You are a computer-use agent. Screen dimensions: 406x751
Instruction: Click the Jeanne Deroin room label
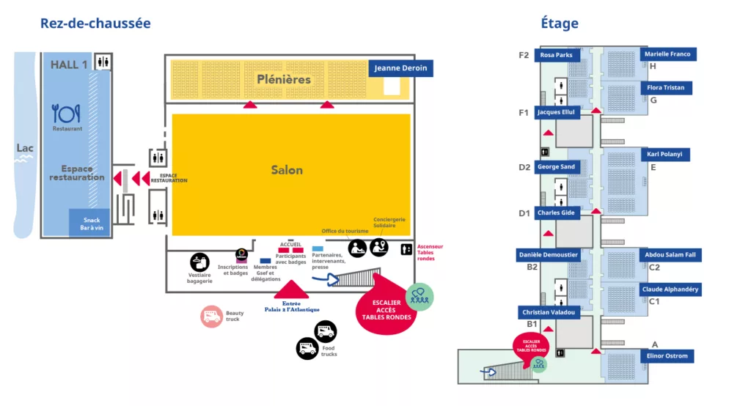pos(400,68)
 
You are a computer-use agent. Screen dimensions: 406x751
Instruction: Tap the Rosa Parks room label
pos(557,55)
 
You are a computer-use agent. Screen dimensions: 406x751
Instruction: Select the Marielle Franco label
pos(666,54)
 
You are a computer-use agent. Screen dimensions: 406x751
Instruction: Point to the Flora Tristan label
pos(665,88)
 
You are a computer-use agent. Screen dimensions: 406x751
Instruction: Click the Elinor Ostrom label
pos(667,356)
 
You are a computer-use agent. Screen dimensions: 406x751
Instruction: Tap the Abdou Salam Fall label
pos(670,255)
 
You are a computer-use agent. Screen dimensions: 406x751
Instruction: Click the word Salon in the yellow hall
pos(287,170)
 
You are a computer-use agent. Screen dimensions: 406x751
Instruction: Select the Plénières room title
pos(284,79)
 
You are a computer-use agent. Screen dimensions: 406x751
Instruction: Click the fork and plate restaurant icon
pos(66,114)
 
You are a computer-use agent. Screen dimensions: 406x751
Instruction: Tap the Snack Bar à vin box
pos(91,224)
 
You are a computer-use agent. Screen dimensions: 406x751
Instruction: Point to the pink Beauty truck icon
pos(212,317)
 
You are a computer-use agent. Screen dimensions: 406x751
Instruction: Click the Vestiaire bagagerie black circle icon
pos(199,262)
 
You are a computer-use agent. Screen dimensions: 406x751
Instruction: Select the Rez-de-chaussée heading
pos(95,23)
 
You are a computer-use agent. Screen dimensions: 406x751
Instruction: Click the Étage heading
pos(560,23)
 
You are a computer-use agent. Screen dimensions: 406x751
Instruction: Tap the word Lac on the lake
pos(25,149)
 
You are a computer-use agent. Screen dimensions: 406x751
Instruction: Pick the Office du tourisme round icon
pos(357,248)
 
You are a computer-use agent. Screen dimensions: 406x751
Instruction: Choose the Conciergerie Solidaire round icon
pos(379,247)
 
